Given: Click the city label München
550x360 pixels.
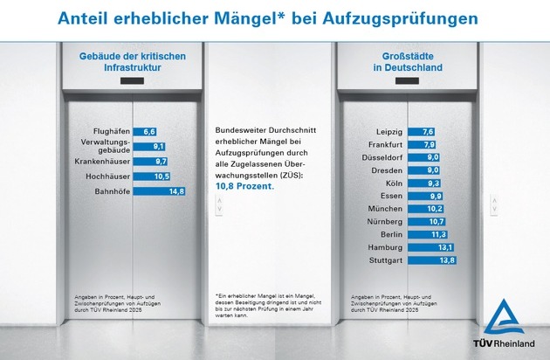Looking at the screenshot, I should [384, 209].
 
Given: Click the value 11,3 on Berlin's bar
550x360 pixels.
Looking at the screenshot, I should [438, 235].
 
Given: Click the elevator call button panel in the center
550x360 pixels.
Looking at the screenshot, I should [220, 206].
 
